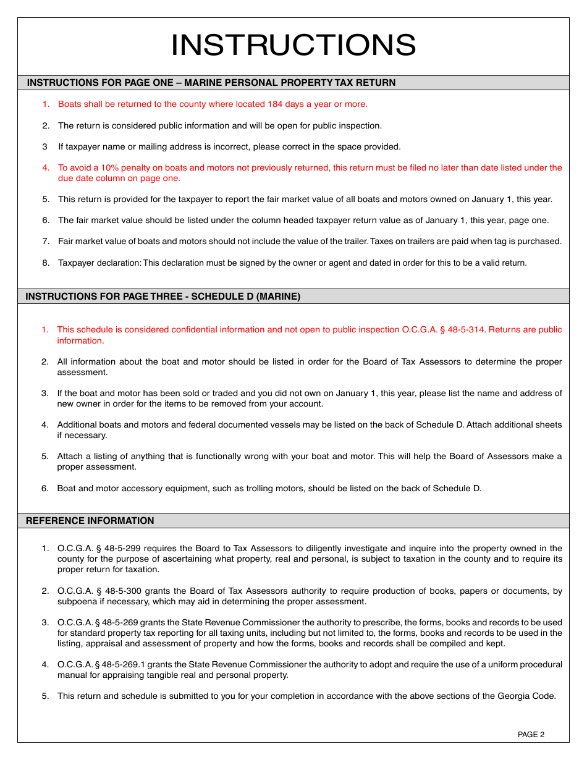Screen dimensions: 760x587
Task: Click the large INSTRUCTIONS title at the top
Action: point(293,45)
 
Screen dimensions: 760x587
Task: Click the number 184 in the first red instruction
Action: point(275,104)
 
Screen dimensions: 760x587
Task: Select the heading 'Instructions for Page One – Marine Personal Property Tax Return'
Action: point(211,83)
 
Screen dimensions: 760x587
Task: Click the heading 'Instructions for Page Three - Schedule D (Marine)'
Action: point(163,297)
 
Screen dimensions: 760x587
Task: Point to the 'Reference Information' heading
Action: point(90,521)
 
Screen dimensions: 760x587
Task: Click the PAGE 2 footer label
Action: point(531,735)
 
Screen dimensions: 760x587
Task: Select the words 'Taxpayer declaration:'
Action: point(99,263)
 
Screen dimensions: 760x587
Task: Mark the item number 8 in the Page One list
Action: point(45,263)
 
